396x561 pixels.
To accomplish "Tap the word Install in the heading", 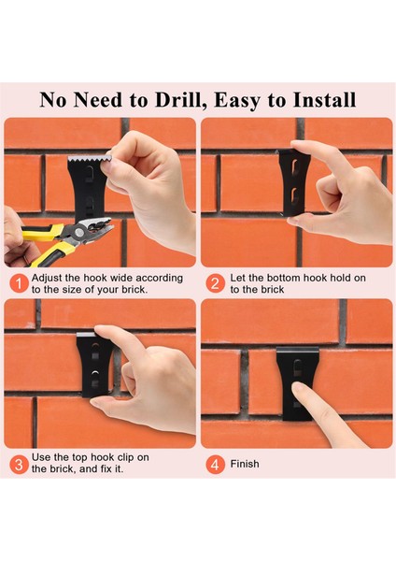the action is (x=324, y=100).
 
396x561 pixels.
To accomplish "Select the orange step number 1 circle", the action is (x=19, y=283).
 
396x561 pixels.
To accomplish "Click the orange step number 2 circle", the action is (x=215, y=283).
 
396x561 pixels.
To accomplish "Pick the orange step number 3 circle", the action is (x=19, y=465).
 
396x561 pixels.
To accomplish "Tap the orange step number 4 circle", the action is (x=215, y=465).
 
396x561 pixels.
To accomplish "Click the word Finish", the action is (x=245, y=464).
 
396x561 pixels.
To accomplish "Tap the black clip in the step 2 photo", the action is (x=292, y=182).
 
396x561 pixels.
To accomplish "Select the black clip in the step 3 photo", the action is (x=93, y=365).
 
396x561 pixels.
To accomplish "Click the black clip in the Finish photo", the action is (x=297, y=382).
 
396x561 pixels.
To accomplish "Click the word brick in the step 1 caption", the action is (x=134, y=290).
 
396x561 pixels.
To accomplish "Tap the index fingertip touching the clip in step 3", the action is (x=102, y=331).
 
